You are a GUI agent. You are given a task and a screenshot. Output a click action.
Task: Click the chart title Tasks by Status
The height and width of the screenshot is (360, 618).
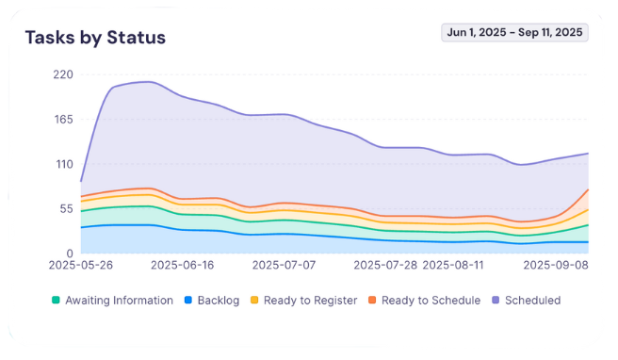point(95,38)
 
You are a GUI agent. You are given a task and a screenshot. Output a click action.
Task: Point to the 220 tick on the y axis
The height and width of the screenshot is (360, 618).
point(62,74)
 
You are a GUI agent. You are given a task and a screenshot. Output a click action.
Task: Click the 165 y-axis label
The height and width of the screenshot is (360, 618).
point(62,119)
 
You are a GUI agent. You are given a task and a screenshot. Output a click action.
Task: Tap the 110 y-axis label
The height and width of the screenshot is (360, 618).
point(62,164)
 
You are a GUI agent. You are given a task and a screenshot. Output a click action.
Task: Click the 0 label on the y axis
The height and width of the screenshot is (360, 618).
point(69,254)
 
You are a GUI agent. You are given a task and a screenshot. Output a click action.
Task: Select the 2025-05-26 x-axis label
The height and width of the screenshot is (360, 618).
point(81,267)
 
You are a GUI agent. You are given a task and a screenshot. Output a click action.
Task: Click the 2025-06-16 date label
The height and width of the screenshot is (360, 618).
point(183,267)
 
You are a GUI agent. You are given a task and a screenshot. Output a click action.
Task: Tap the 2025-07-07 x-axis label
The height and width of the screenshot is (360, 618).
point(285,267)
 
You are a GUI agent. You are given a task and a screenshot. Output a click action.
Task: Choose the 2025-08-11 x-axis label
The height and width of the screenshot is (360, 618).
point(454,267)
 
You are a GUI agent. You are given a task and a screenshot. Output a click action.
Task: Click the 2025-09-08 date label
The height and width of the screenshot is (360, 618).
point(556,267)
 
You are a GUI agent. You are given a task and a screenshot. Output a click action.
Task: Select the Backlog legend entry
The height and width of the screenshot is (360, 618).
point(212,301)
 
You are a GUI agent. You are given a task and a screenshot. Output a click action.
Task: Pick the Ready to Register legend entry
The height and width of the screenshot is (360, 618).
point(304,301)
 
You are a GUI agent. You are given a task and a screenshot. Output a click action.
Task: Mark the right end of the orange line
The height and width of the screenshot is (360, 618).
point(588,189)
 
